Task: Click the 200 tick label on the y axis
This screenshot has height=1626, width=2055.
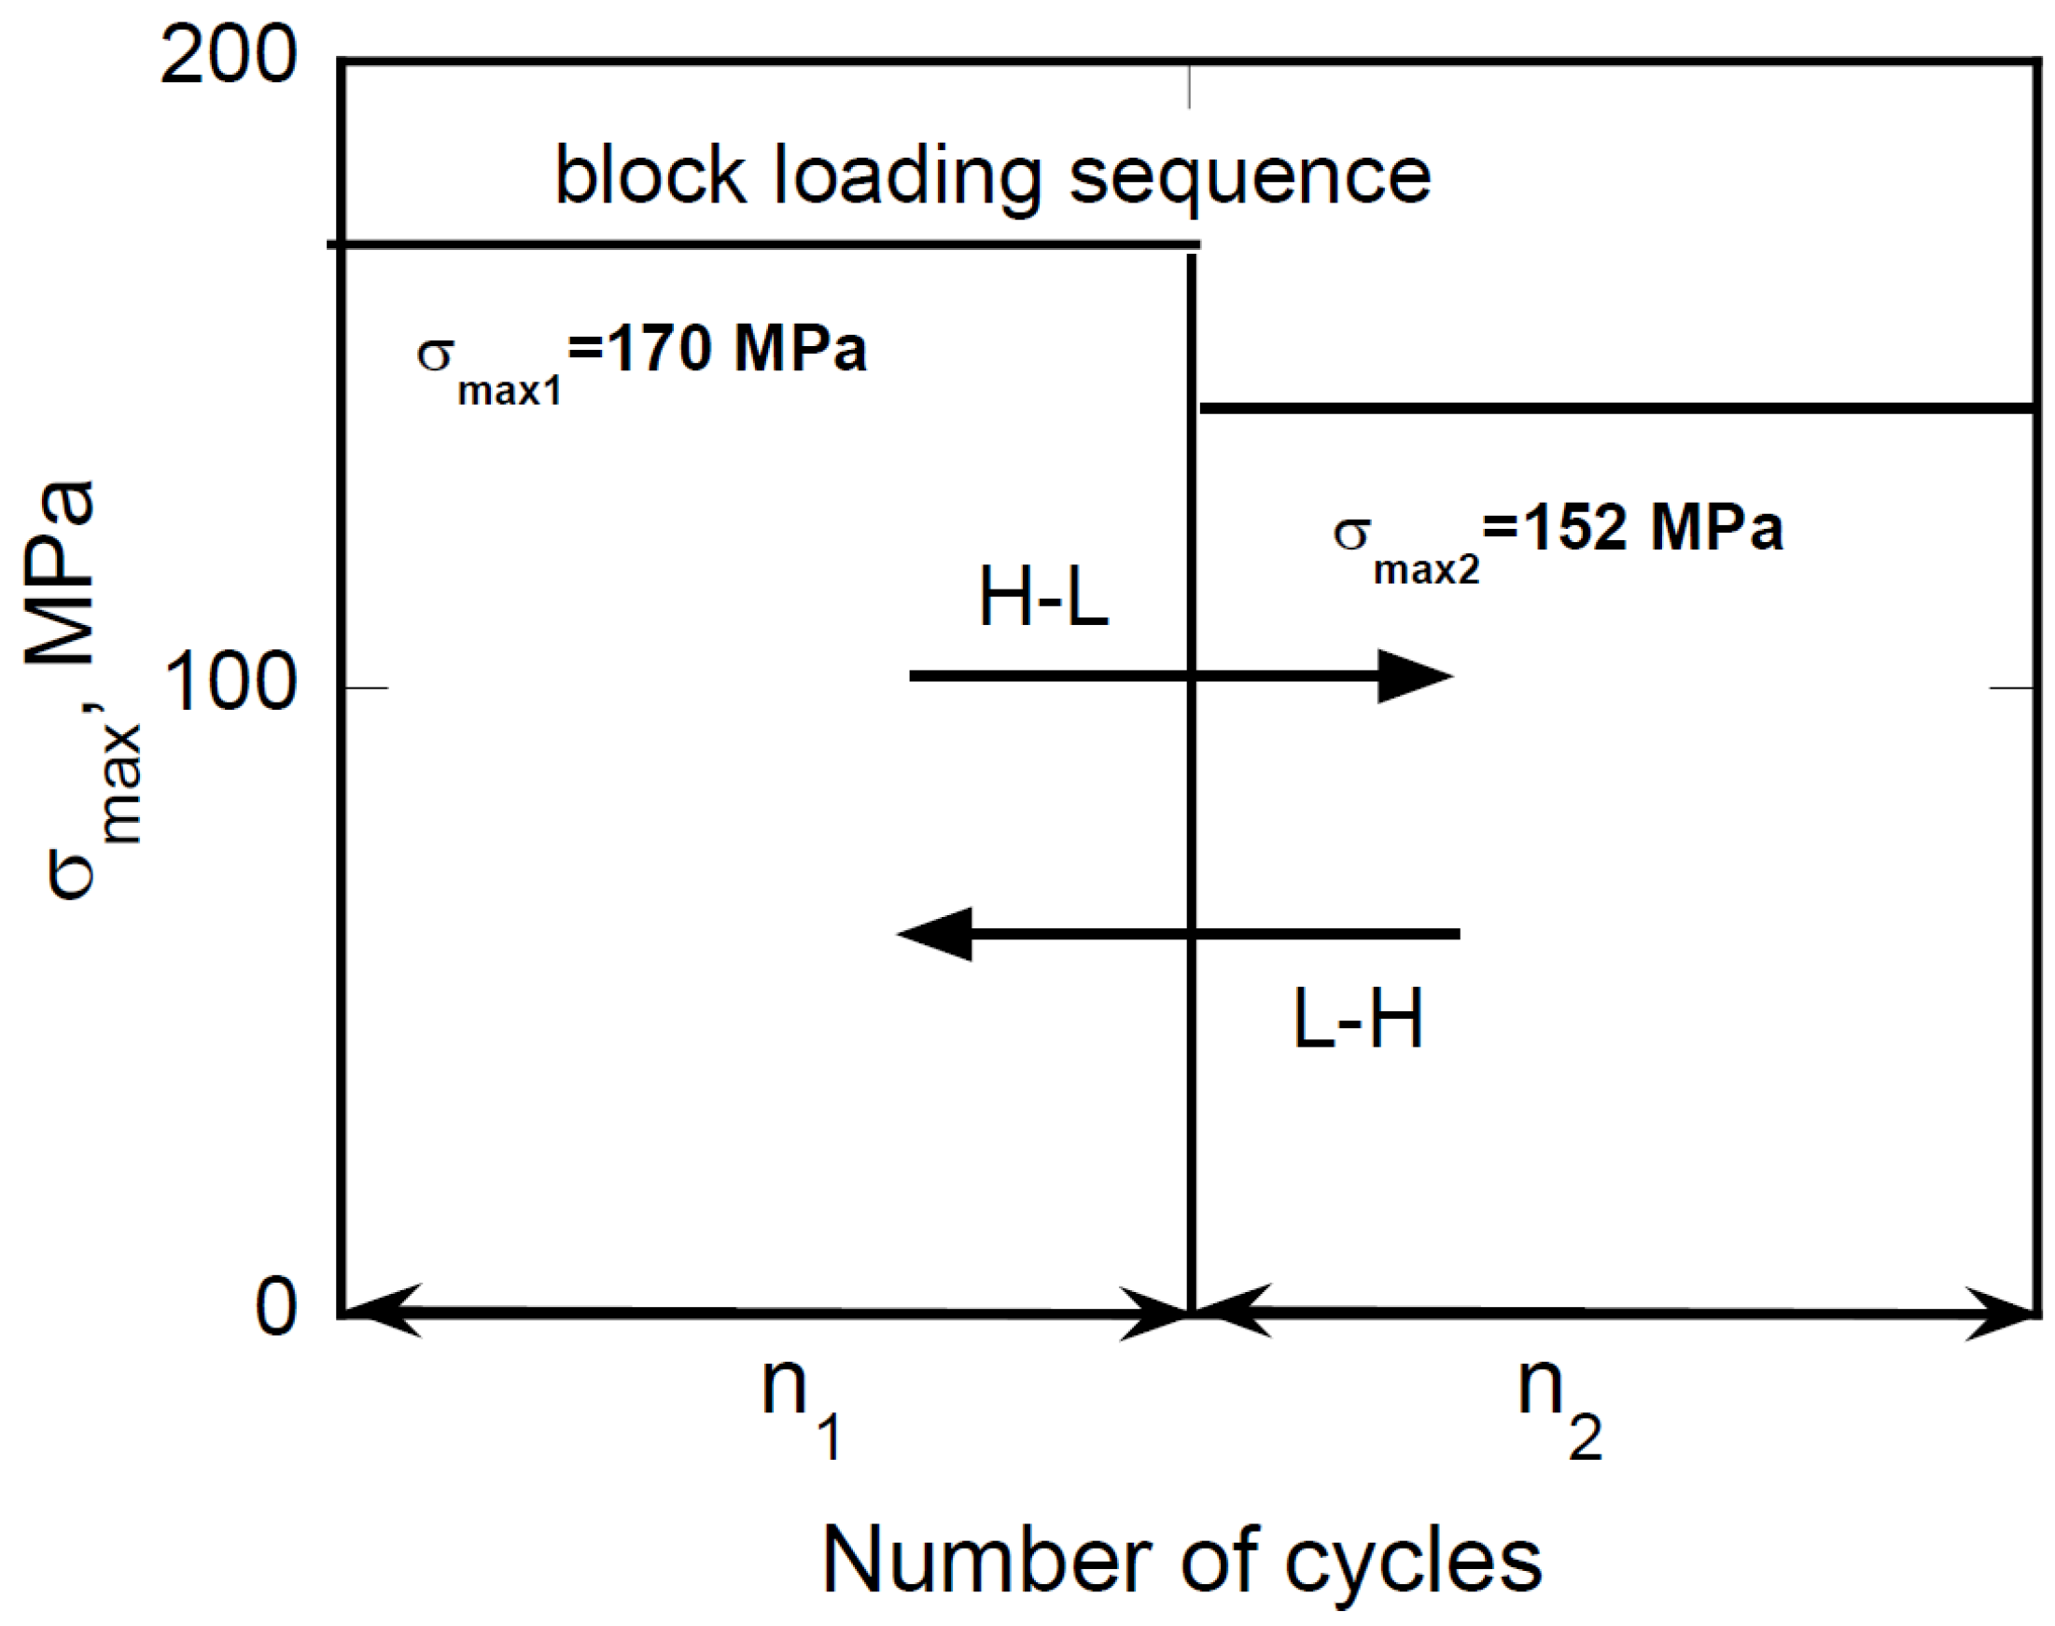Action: click(229, 57)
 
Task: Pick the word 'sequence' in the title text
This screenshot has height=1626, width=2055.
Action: click(1250, 178)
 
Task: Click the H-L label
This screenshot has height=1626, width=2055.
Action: click(1043, 598)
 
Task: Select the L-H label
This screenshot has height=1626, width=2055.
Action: click(1358, 1020)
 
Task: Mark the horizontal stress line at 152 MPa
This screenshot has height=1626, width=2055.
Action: click(1619, 409)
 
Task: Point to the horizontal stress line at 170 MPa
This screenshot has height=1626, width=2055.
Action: click(762, 244)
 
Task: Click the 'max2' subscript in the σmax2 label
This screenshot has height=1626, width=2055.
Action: click(1427, 569)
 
